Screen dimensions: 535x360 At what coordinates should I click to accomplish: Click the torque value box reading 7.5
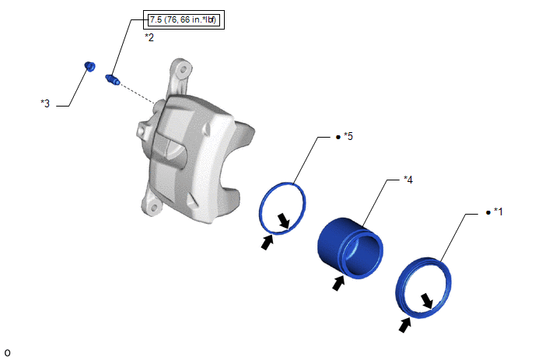(x=184, y=19)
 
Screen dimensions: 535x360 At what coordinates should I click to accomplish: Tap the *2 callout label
(x=149, y=37)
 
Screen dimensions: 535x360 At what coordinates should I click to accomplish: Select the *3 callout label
(x=45, y=103)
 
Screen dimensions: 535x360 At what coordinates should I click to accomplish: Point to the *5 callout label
(x=348, y=136)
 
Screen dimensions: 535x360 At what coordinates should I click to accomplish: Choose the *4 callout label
(x=408, y=179)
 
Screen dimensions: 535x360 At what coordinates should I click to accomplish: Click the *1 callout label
(x=498, y=211)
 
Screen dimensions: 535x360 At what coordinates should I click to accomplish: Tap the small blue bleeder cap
(x=89, y=66)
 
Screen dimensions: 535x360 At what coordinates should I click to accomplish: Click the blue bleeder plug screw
(x=113, y=79)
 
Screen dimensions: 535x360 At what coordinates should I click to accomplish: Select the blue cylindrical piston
(x=350, y=248)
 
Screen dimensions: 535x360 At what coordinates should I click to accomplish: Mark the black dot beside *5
(x=338, y=137)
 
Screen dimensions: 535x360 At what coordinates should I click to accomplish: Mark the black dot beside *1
(x=488, y=212)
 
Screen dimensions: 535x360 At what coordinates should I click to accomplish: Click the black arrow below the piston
(x=338, y=283)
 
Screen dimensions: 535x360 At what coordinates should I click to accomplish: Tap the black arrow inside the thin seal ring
(x=284, y=221)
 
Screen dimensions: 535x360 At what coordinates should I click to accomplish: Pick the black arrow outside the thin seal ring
(x=267, y=242)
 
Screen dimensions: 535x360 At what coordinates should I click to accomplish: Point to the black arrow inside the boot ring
(x=427, y=301)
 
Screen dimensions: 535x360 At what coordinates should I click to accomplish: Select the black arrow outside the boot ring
(x=404, y=324)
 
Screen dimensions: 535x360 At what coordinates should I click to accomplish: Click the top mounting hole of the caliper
(x=184, y=70)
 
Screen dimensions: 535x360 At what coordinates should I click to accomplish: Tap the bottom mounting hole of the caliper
(x=153, y=208)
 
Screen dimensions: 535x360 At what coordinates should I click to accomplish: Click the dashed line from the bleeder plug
(x=138, y=94)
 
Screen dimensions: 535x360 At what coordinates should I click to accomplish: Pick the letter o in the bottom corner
(x=8, y=352)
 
